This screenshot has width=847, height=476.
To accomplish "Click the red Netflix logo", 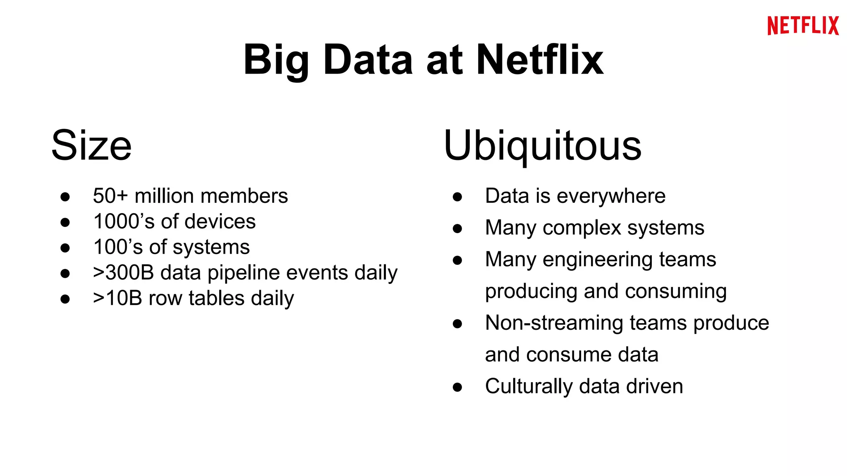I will click(x=803, y=26).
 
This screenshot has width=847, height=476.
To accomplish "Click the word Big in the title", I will click(x=276, y=60).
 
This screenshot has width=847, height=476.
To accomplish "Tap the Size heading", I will click(x=91, y=145).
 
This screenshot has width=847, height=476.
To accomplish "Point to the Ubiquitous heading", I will click(x=542, y=145).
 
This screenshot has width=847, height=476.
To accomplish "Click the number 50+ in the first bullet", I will click(x=110, y=196).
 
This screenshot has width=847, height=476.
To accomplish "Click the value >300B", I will click(x=124, y=273).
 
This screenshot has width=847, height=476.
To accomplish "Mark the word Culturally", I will click(x=529, y=387).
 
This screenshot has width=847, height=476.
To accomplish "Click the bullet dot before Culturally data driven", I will click(x=457, y=387).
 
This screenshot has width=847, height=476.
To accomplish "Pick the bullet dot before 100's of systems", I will click(x=65, y=248).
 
